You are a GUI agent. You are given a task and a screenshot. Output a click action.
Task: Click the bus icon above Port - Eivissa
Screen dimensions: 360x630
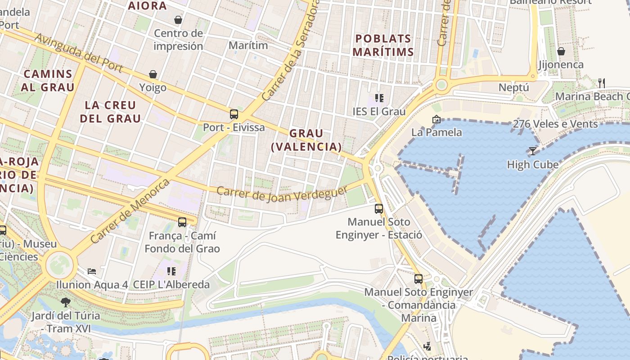(234, 114)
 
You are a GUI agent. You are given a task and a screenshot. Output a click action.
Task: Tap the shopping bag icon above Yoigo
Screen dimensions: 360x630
(153, 74)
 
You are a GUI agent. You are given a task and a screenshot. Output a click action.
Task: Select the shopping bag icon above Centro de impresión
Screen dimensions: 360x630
(178, 20)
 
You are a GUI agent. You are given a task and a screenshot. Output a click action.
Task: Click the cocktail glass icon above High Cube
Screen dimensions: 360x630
(533, 151)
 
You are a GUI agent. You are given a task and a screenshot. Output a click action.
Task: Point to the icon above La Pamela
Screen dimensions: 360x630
(436, 119)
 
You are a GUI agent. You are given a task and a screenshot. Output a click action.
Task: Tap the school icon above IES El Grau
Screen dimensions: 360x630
(379, 98)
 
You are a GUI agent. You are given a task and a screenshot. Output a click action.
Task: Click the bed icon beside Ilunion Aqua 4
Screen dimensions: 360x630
(92, 271)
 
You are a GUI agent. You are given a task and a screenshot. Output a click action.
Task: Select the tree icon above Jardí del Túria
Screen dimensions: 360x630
(66, 302)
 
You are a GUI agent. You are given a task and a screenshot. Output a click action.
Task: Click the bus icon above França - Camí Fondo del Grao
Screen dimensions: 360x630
(182, 222)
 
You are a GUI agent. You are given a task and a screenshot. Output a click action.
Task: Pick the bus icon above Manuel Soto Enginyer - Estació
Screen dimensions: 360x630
(379, 208)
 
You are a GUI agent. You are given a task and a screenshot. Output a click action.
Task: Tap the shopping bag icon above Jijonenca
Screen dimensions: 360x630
(561, 51)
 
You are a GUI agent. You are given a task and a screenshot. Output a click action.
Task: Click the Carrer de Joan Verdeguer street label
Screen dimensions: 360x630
(282, 193)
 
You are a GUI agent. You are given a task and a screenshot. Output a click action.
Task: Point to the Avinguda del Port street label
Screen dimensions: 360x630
(79, 53)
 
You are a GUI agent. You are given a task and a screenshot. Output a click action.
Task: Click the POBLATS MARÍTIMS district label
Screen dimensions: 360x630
(383, 45)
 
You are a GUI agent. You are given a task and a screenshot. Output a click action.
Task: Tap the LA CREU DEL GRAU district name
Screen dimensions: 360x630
(110, 112)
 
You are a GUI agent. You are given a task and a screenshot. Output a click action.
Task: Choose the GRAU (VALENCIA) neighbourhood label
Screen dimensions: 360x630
(306, 140)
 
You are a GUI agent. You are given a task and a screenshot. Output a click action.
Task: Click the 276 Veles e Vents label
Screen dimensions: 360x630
(555, 124)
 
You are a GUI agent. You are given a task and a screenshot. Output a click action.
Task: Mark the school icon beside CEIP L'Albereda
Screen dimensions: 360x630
(171, 271)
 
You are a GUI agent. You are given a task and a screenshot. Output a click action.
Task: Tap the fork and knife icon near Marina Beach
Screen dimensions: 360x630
(601, 83)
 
